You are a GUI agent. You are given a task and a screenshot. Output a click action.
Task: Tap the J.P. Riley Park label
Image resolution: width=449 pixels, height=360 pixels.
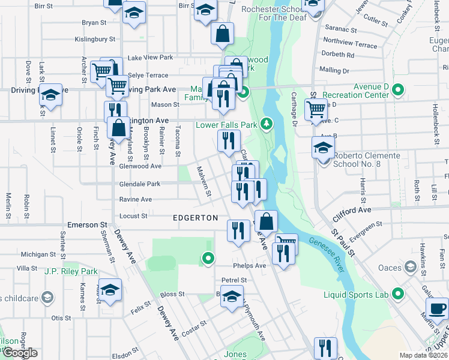(71, 271)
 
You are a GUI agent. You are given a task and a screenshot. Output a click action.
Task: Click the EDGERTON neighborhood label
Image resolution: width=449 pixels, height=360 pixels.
(195, 218)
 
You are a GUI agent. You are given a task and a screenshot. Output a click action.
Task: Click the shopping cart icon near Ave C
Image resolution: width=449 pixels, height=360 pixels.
(316, 109)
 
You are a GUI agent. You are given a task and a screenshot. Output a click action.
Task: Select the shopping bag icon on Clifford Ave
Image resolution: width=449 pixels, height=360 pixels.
(266, 221)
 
